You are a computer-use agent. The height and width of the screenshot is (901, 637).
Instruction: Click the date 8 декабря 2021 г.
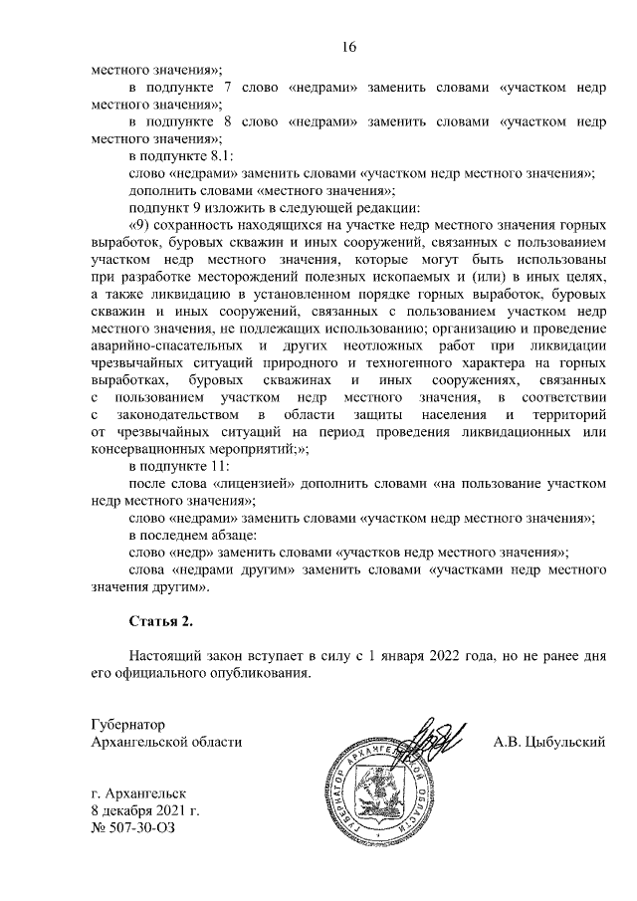(x=144, y=811)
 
